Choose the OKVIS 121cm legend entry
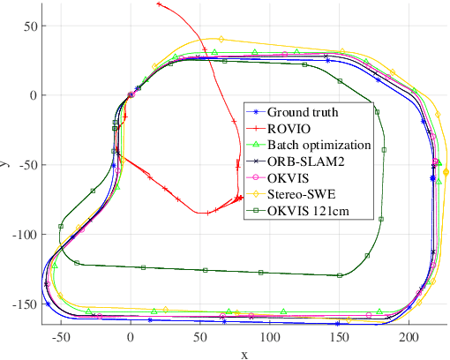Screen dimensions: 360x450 (311, 209)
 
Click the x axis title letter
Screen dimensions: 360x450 (244, 353)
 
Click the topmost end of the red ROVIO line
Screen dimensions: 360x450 (159, 4)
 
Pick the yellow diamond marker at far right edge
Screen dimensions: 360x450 (446, 173)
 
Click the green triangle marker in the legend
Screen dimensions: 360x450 (256, 145)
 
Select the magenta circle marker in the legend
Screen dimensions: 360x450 (256, 176)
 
